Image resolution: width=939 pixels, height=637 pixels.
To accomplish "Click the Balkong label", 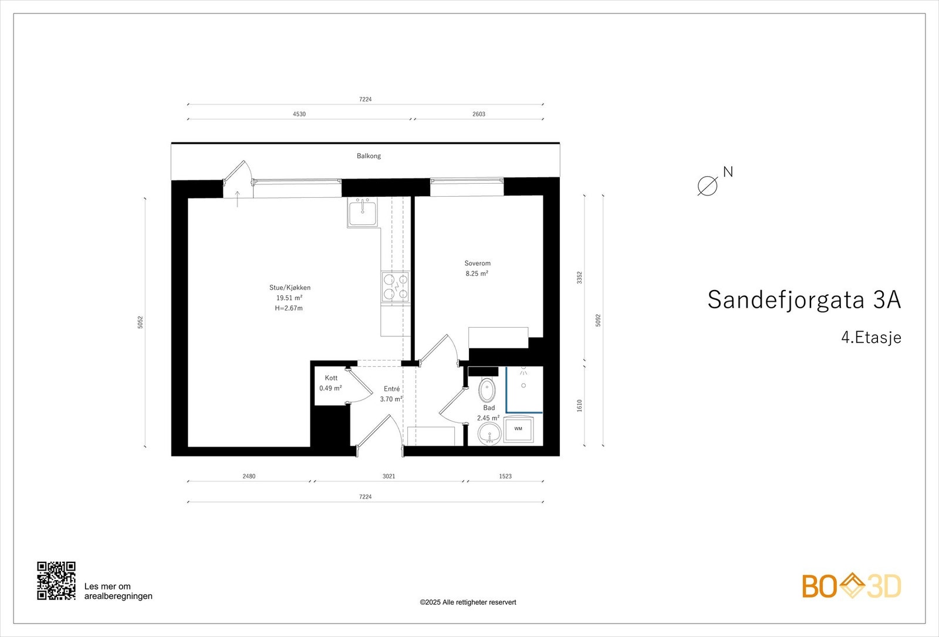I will pos(369,156).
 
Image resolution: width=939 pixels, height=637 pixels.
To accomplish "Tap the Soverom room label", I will pos(477,264).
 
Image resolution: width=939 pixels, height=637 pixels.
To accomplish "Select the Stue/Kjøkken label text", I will pos(290,288).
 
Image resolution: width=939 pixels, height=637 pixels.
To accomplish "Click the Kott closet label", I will pos(331,378).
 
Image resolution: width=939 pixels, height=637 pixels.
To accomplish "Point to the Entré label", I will pos(391,389).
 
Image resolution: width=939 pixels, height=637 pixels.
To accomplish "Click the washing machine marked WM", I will pos(518,429).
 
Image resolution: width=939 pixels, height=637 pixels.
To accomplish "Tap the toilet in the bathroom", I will pos(487,389).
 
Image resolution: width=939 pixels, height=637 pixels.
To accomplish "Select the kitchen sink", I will pos(363,212).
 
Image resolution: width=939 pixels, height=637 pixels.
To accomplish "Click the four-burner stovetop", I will pos(395,287).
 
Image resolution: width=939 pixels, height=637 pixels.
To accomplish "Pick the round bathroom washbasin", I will pos(489,435).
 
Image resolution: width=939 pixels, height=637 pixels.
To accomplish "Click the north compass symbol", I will pos(708,186).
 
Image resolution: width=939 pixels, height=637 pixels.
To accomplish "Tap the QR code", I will pos(56,581).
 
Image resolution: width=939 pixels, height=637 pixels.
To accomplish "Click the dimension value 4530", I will pos(299,114).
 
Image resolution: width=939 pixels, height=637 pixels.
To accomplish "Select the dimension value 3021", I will pos(389,477).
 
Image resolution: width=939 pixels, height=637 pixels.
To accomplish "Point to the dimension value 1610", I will pos(580,406).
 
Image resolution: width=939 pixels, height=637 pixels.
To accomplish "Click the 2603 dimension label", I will pos(479,114).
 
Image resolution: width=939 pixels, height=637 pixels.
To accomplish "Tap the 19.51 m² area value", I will pos(289,298).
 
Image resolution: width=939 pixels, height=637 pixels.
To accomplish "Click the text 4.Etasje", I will pos(871,338).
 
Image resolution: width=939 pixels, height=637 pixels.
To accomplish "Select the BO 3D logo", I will pos(852,586).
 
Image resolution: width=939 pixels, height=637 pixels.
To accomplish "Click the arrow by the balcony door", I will pos(237,198).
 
